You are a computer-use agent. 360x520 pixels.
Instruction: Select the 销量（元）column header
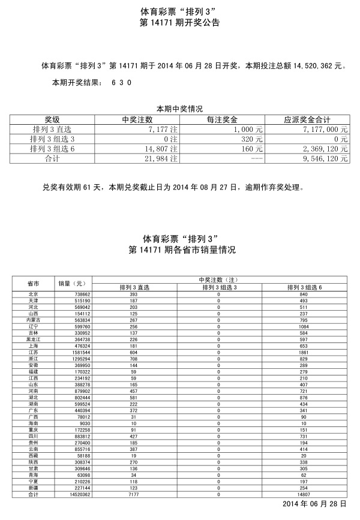pyautogui.click(x=72, y=283)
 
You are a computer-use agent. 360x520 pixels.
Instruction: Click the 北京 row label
pyautogui.click(x=34, y=294)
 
